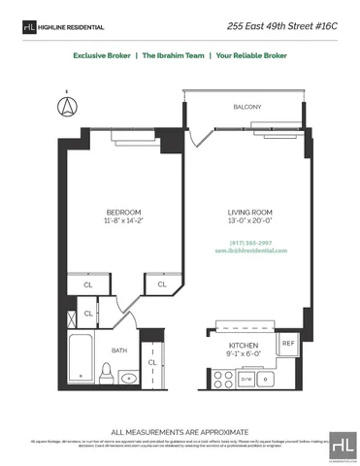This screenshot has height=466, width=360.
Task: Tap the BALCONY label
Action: point(246,107)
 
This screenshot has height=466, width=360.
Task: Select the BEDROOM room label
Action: point(124,212)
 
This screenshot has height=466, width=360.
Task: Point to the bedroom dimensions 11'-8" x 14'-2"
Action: point(124,221)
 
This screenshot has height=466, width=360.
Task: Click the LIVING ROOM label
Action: point(248,212)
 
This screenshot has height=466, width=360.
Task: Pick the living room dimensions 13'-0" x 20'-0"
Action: point(248,221)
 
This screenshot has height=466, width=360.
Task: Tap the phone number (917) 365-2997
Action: point(250,243)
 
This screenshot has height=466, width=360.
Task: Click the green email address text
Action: point(250,250)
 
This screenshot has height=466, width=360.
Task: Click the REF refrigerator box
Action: point(287,344)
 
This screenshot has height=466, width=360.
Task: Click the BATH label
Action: point(118,349)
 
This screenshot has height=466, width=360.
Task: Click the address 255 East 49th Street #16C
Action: point(289,26)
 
